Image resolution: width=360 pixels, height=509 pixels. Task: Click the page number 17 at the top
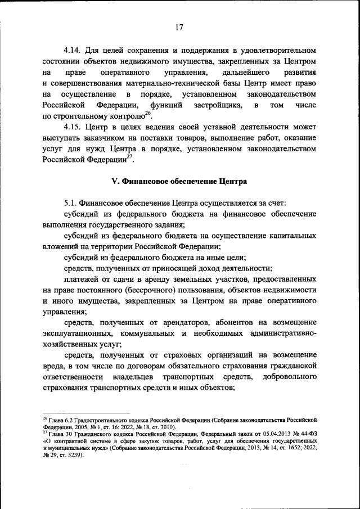(x=179, y=27)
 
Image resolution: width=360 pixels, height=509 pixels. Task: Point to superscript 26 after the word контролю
(x=148, y=113)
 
